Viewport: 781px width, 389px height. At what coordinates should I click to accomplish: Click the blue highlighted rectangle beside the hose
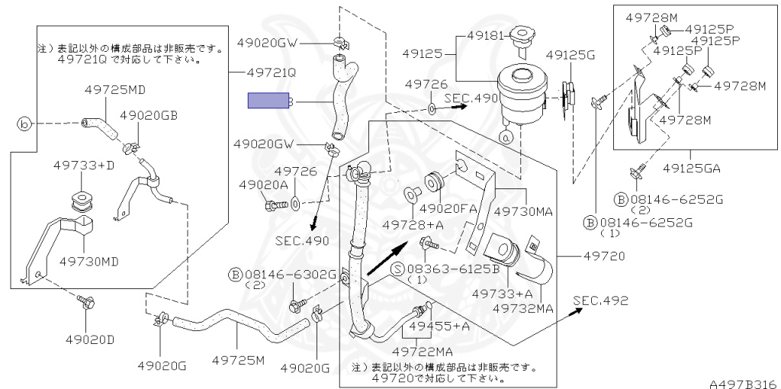268,101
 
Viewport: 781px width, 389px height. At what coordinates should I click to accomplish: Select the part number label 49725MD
114,89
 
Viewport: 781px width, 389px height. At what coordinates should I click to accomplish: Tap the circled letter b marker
24,123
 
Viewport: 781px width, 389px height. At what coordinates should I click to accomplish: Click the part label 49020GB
149,115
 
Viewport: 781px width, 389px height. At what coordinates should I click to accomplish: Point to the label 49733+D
84,164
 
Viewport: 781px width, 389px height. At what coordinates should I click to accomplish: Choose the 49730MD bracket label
89,262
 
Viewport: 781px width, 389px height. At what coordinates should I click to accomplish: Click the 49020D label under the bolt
90,339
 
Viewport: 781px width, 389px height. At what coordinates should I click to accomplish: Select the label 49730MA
523,211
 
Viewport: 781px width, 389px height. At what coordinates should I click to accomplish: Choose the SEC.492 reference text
600,301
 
